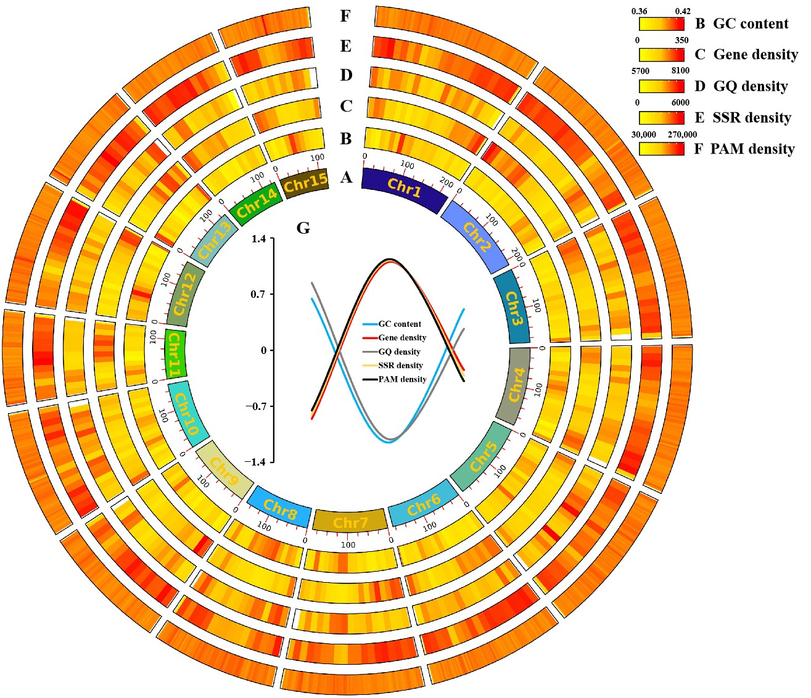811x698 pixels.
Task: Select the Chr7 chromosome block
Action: (x=350, y=522)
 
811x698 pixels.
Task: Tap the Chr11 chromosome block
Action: (x=175, y=355)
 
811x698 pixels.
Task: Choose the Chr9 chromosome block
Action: (x=223, y=472)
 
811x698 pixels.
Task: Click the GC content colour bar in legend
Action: (x=661, y=23)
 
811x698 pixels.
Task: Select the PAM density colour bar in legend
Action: (x=661, y=149)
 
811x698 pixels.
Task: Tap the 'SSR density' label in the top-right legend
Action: (x=752, y=117)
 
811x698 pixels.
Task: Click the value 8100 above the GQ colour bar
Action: (x=680, y=71)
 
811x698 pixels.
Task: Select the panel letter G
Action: (x=303, y=228)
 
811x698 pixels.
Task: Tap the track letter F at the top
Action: (x=345, y=17)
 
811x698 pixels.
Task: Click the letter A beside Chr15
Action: (x=346, y=178)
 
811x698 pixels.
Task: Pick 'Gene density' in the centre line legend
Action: (x=402, y=338)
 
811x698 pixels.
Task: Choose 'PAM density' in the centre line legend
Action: (x=402, y=379)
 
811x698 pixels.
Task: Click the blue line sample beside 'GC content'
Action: (x=369, y=324)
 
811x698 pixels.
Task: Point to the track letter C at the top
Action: (x=346, y=107)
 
